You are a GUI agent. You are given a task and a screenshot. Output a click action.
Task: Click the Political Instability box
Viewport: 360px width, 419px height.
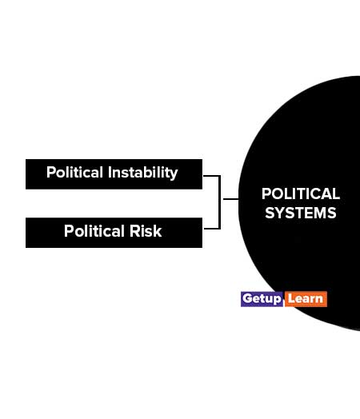114,174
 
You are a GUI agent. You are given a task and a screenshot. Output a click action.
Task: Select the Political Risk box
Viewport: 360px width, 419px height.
114,233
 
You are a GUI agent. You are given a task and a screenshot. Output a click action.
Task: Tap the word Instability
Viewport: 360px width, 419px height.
143,173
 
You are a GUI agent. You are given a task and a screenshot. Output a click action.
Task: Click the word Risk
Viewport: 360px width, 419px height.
146,231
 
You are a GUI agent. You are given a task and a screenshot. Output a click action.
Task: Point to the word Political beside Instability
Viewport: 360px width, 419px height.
74,172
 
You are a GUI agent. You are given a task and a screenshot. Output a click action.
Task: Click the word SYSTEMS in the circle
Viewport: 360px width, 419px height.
301,213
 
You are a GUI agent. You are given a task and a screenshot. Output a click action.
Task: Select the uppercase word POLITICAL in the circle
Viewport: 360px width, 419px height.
301,194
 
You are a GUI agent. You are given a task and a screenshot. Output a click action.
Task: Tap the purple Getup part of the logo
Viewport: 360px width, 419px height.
262,299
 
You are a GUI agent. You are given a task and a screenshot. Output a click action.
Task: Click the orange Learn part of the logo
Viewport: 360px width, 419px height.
306,299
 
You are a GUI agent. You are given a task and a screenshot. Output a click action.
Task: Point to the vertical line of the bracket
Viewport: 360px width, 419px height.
220,202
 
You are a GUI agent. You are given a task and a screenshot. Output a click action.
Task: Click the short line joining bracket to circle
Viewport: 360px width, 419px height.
230,199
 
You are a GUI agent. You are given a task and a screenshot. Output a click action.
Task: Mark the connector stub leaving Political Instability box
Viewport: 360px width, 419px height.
212,176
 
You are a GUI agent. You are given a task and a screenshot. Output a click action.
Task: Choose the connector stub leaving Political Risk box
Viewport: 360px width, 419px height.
212,229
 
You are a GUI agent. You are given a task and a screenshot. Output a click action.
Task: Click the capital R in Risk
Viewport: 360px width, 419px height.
134,231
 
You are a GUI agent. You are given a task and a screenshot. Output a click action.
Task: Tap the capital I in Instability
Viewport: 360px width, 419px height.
110,173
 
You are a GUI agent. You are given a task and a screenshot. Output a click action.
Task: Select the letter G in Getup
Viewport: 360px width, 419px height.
248,298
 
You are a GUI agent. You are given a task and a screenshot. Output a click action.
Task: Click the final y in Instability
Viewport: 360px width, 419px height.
174,175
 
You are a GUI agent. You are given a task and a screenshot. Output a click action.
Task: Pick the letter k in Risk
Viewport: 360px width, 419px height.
158,231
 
